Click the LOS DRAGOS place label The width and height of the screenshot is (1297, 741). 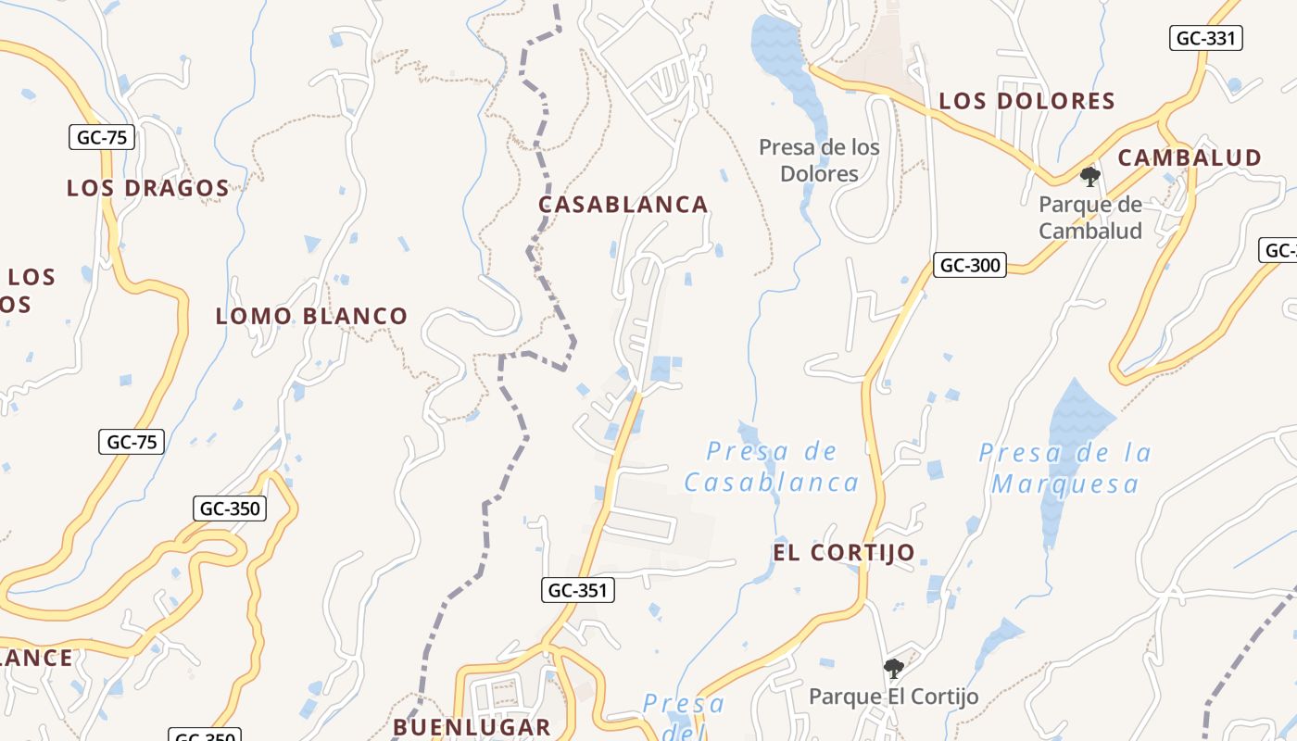point(147,188)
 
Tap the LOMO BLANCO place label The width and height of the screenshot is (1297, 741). point(311,316)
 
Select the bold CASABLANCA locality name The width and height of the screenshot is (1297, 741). point(623,205)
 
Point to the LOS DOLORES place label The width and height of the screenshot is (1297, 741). point(1026,101)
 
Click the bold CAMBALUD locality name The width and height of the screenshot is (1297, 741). point(1190,157)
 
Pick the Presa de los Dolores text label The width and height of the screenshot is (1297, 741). point(819,160)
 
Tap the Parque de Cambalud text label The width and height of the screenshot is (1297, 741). point(1090,218)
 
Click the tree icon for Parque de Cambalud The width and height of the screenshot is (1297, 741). point(1090,176)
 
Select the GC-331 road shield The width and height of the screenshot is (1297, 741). point(1205,38)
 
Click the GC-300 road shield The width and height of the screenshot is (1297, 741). point(970,265)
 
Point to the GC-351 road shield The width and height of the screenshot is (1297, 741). point(578,589)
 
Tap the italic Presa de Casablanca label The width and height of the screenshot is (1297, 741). point(772,467)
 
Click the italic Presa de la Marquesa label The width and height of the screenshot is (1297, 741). point(1065,468)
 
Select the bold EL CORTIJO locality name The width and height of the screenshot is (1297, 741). point(844,553)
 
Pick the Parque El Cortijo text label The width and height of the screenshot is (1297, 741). point(893,697)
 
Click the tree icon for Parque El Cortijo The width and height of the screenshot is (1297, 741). point(893,668)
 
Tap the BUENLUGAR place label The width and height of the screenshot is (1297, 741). point(472,726)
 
